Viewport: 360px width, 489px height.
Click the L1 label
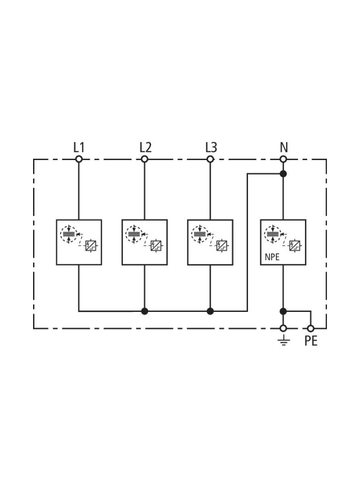[x=79, y=147]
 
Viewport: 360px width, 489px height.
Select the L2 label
[x=145, y=147]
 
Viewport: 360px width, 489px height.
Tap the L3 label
[x=211, y=147]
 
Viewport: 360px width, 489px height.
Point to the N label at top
[x=283, y=147]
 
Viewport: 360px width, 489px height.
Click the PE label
[x=311, y=341]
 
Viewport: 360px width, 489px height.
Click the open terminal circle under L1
[x=79, y=159]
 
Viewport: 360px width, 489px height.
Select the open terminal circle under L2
[x=145, y=159]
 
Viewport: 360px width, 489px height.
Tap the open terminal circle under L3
[x=210, y=159]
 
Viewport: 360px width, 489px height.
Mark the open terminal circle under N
[x=283, y=159]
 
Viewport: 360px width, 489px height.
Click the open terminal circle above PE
[x=311, y=328]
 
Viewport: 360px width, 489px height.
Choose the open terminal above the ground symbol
[x=283, y=328]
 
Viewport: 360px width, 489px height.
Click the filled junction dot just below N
[x=283, y=174]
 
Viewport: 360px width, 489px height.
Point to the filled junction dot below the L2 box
[x=145, y=311]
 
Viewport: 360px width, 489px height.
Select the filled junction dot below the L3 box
[x=210, y=311]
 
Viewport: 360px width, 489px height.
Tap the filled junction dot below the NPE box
[x=283, y=311]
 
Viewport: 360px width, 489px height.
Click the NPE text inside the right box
[x=272, y=257]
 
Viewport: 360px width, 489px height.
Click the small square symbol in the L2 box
[x=156, y=246]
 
